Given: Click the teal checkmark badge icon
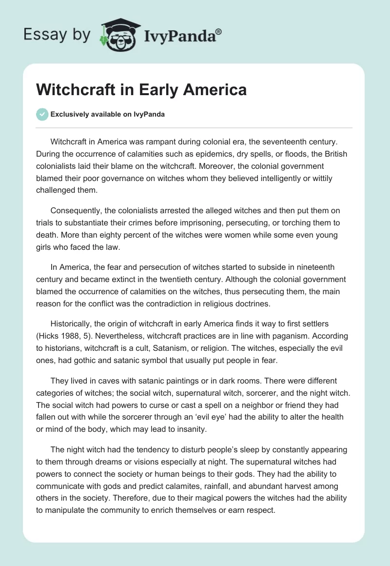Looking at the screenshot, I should click(x=42, y=114).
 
